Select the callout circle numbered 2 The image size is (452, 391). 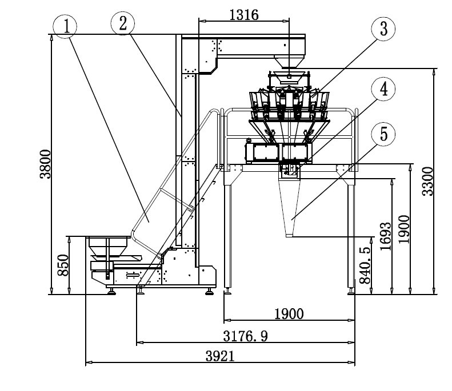123,23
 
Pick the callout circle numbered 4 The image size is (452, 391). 383,89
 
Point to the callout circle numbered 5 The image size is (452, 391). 383,135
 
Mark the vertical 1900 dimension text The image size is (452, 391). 404,230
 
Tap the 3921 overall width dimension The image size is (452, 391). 220,356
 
